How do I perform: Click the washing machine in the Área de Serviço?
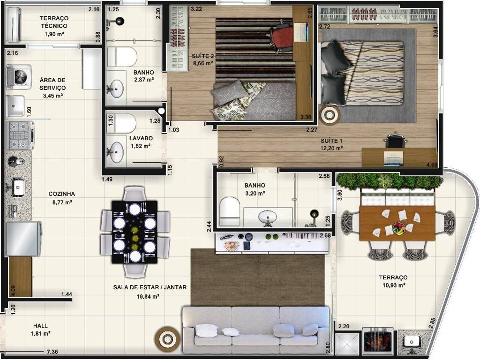[19, 77]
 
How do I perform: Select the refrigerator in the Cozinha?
[23, 239]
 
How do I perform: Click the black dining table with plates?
[135, 232]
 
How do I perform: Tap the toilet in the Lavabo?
[121, 123]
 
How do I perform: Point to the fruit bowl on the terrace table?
[399, 228]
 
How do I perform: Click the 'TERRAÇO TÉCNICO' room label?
[54, 22]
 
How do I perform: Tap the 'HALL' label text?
[40, 326]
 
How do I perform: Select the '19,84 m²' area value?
[148, 297]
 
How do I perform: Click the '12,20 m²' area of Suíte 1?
[331, 148]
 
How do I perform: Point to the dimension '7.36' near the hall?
[52, 352]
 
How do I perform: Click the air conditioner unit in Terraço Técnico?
[14, 25]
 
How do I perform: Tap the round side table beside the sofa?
[167, 339]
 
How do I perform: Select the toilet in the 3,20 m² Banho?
[230, 212]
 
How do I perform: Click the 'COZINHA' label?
[62, 194]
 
